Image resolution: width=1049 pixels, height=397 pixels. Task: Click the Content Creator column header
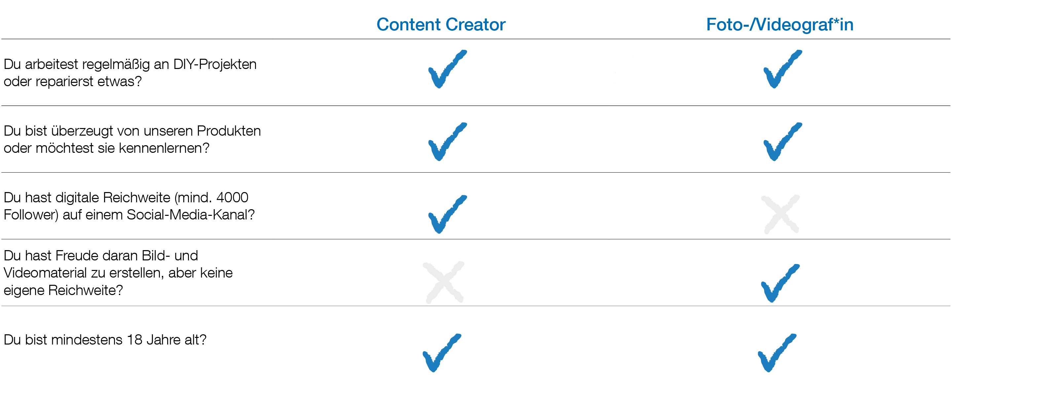[441, 25]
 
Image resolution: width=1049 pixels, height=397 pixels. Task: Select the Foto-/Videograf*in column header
[779, 25]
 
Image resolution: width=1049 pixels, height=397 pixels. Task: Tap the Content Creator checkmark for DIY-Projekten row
[446, 70]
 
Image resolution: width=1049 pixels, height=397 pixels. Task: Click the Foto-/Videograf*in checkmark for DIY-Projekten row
[781, 70]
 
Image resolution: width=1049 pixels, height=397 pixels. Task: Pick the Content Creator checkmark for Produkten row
[446, 142]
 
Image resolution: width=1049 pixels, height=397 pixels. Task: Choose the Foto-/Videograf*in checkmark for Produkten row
[781, 142]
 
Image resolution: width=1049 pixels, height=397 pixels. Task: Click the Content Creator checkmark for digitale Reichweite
[446, 215]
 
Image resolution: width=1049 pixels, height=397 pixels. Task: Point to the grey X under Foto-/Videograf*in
[780, 215]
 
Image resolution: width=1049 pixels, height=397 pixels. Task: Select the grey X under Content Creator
[444, 282]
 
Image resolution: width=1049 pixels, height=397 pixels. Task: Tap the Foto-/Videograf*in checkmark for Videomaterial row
[778, 284]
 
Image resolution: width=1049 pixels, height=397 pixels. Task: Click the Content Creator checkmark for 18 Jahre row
[440, 353]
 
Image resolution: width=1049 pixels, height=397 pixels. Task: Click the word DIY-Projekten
[215, 64]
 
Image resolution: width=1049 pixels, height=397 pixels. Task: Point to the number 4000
[232, 197]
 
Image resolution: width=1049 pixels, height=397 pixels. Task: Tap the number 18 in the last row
[134, 340]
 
